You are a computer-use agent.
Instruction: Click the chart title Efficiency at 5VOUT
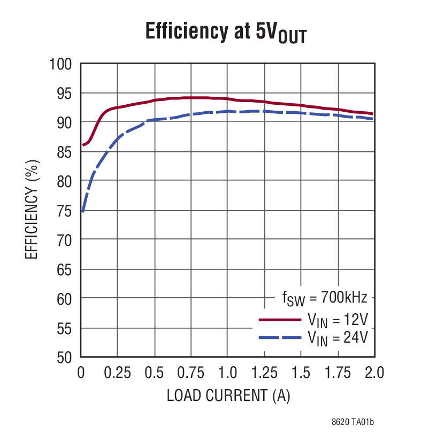pyautogui.click(x=226, y=33)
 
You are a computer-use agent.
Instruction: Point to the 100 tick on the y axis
pyautogui.click(x=60, y=64)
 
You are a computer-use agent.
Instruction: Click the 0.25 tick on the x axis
pyautogui.click(x=117, y=373)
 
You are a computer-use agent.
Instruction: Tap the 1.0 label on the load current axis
pyautogui.click(x=227, y=373)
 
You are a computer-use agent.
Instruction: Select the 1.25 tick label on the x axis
pyautogui.click(x=264, y=373)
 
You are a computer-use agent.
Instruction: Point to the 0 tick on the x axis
pyautogui.click(x=81, y=373)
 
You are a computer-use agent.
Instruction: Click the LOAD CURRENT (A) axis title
pyautogui.click(x=228, y=396)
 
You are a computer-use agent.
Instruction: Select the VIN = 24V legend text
pyautogui.click(x=338, y=337)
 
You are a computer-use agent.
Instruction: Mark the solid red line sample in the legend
pyautogui.click(x=279, y=320)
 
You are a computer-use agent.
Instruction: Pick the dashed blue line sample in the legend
pyautogui.click(x=279, y=337)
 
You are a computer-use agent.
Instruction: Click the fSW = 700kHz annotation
pyautogui.click(x=325, y=298)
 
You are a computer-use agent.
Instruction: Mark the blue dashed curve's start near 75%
pyautogui.click(x=82, y=211)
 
